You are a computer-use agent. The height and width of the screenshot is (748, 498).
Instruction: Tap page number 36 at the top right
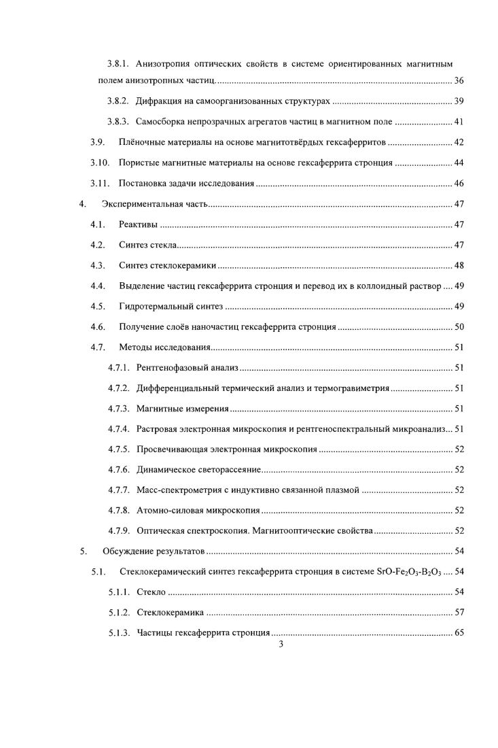[459, 82]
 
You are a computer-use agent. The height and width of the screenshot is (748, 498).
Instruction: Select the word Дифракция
[158, 101]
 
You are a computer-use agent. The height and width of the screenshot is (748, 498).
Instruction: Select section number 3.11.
[100, 184]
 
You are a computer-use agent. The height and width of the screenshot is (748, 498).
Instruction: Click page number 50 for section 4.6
[459, 326]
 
